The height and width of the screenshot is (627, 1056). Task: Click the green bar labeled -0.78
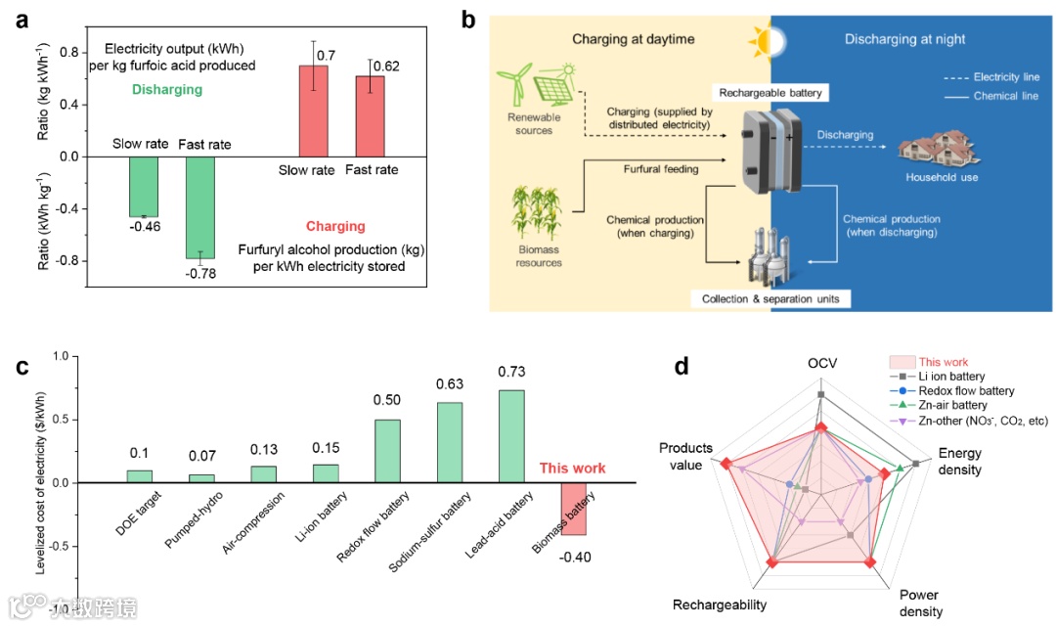[200, 207]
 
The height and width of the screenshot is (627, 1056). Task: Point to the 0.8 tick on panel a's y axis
[66, 52]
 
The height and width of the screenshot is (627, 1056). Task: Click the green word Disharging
[166, 90]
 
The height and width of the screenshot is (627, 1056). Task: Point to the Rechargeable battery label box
[770, 93]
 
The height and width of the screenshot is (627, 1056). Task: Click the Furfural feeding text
[662, 169]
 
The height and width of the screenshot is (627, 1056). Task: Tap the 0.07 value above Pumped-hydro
[201, 454]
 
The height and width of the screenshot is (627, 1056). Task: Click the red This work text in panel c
[573, 469]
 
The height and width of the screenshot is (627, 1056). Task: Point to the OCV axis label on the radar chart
[820, 365]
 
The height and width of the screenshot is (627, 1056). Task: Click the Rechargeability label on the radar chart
[720, 605]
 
